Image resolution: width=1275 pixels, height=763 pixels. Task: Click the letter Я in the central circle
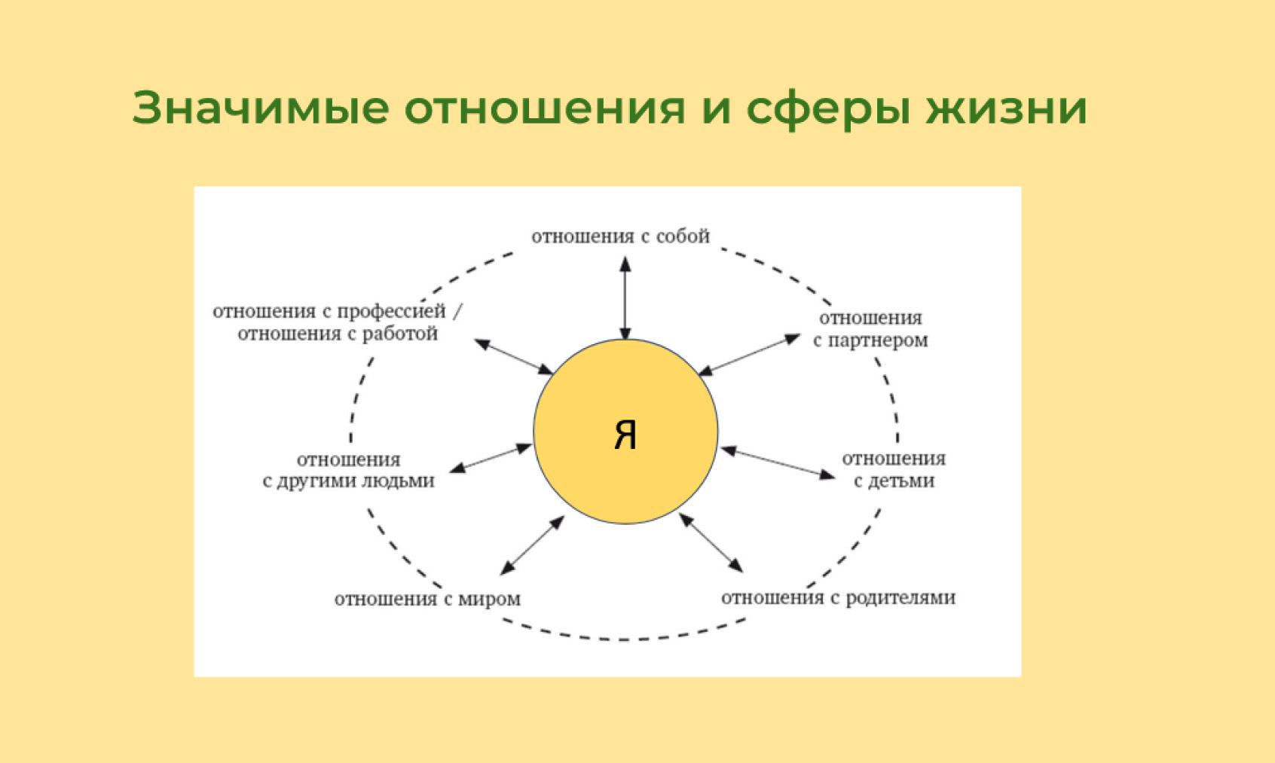[625, 435]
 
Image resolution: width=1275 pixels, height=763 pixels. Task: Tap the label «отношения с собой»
[620, 236]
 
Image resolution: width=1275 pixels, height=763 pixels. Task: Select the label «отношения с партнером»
[870, 329]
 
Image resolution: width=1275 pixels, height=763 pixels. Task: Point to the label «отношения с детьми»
[894, 470]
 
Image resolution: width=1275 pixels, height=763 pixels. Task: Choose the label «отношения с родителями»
[839, 598]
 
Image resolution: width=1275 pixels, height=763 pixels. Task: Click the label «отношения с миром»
[427, 599]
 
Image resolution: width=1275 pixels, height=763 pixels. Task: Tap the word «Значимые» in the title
[261, 107]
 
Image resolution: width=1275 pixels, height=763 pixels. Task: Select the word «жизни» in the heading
[1007, 107]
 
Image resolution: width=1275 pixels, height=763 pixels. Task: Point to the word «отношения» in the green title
[545, 107]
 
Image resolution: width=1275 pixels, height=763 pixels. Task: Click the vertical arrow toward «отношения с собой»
[625, 298]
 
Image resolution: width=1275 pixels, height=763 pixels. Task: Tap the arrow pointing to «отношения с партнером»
[749, 355]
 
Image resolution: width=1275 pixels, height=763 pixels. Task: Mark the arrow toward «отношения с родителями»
[711, 543]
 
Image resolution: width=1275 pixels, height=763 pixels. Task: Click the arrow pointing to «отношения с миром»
[532, 545]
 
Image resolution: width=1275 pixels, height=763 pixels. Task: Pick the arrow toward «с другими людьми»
[491, 458]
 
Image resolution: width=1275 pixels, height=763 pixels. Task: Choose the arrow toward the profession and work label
[513, 357]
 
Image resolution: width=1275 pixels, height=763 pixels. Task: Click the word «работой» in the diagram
[400, 334]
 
